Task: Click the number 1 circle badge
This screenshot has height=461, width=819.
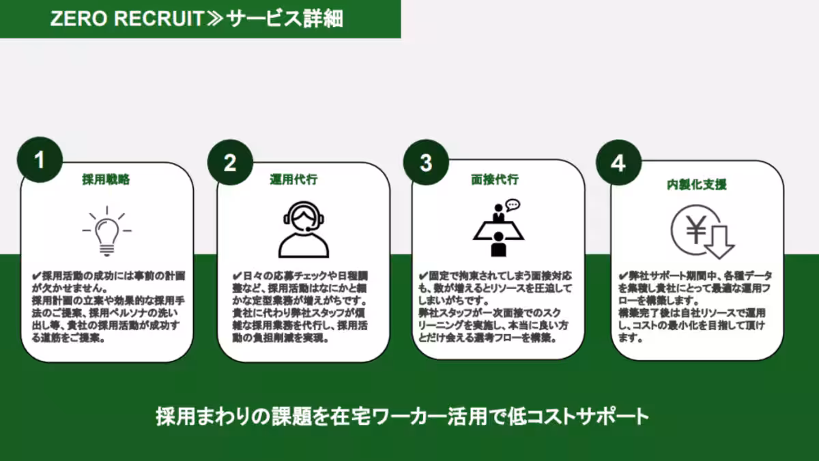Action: tap(40, 160)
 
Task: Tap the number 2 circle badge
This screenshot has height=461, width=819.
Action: tap(230, 163)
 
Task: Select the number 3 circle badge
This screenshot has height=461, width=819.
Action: tap(426, 163)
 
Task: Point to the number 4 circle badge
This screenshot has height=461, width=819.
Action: tap(618, 164)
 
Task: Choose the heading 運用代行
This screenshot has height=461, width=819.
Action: tap(293, 180)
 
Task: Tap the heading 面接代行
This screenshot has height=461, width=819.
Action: tap(495, 180)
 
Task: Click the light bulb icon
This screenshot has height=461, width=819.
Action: tap(106, 232)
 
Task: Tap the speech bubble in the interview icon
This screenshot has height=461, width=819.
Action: tap(513, 204)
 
